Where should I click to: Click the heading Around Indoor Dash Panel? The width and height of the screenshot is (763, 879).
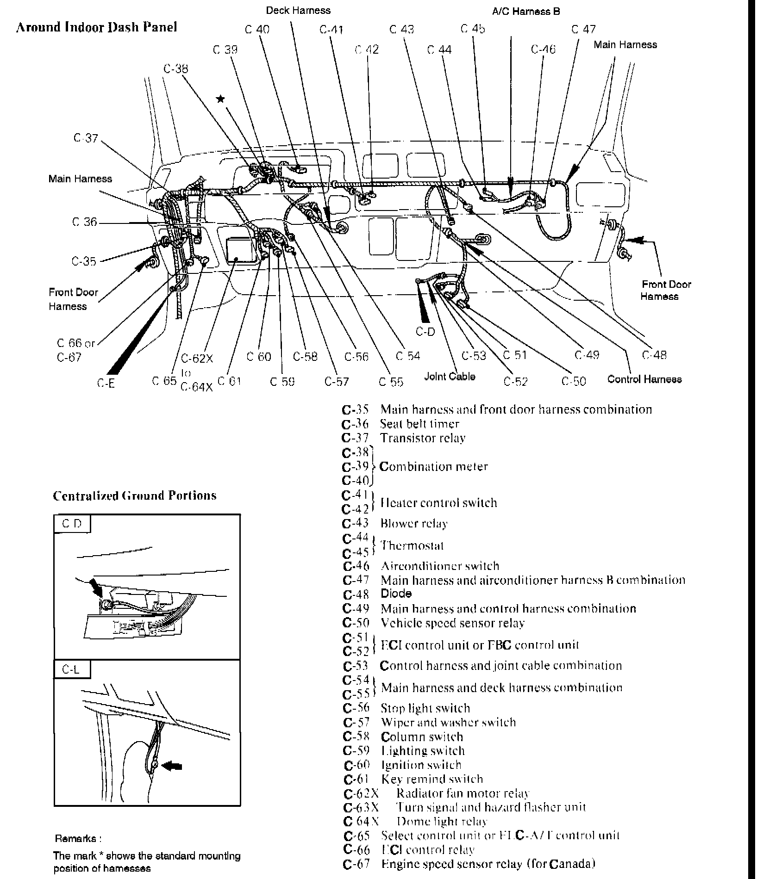click(x=96, y=27)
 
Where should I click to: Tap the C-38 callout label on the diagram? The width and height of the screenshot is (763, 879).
click(x=176, y=69)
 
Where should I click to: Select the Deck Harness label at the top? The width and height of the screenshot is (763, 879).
click(x=298, y=10)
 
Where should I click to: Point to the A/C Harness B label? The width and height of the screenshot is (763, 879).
click(x=526, y=11)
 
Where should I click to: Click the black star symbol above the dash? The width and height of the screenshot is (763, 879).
click(x=221, y=99)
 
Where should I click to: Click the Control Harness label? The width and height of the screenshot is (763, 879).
click(x=644, y=379)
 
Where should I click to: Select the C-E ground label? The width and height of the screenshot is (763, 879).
click(x=106, y=383)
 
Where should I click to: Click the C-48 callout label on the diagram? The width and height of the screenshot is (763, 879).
click(x=654, y=355)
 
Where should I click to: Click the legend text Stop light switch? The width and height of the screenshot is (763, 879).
click(x=425, y=708)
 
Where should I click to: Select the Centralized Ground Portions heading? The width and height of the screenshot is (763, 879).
click(x=135, y=495)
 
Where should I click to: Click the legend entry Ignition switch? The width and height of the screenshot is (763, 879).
click(x=421, y=765)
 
